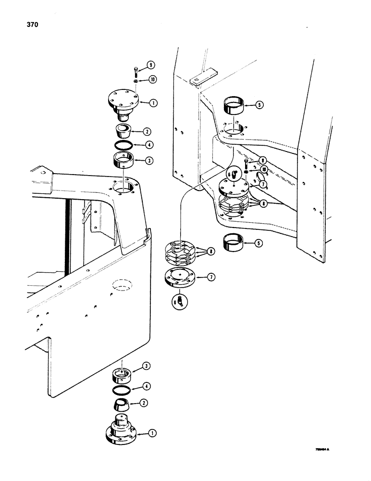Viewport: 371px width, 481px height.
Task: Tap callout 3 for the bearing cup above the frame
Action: point(150,161)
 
